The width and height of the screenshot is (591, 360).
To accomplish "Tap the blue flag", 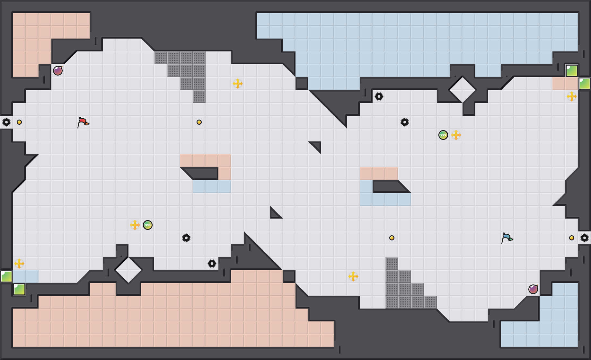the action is [507, 238].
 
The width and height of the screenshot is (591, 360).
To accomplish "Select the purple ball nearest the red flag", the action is [58, 71].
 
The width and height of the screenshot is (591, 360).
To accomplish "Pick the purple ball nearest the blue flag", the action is [533, 289].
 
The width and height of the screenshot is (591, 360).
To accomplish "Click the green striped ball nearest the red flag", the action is [148, 225].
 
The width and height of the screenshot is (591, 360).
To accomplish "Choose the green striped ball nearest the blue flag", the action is [443, 135].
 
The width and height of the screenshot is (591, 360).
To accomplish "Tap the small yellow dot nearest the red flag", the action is [19, 122].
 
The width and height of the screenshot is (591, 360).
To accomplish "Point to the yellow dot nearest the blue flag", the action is [572, 238].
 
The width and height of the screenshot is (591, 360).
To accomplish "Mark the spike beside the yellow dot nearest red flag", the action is [6, 122].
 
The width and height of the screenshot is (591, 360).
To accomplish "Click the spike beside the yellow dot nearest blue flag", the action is [585, 238].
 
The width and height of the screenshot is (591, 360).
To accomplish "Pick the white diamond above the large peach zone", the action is [128, 270].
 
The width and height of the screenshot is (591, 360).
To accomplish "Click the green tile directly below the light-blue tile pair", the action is [19, 289].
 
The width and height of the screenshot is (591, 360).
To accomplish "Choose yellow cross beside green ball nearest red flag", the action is [135, 225].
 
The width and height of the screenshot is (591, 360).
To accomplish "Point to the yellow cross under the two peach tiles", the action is [572, 96].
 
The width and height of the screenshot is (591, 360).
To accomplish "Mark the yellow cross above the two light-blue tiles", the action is [19, 264].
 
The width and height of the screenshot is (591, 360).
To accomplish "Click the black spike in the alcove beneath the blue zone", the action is [379, 96].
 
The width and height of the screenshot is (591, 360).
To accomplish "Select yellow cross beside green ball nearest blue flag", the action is [456, 135].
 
